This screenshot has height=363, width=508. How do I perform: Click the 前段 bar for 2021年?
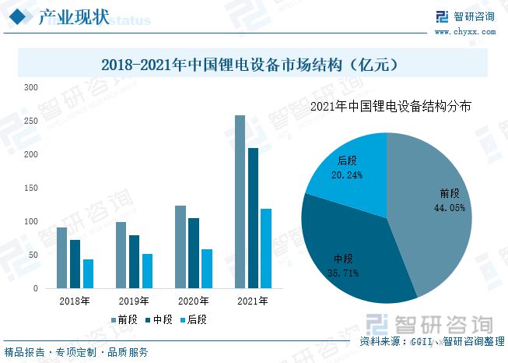click(x=240, y=202)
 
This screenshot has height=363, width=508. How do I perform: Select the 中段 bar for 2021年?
click(x=253, y=218)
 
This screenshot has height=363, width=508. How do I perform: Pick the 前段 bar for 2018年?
click(x=62, y=258)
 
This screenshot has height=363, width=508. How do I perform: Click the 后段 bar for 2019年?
click(x=147, y=271)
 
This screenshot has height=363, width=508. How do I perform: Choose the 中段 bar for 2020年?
click(x=194, y=253)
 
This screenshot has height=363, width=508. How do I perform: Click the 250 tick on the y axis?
click(x=30, y=121)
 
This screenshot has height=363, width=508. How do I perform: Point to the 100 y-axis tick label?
click(x=30, y=222)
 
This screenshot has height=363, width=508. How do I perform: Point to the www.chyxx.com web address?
click(x=464, y=32)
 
